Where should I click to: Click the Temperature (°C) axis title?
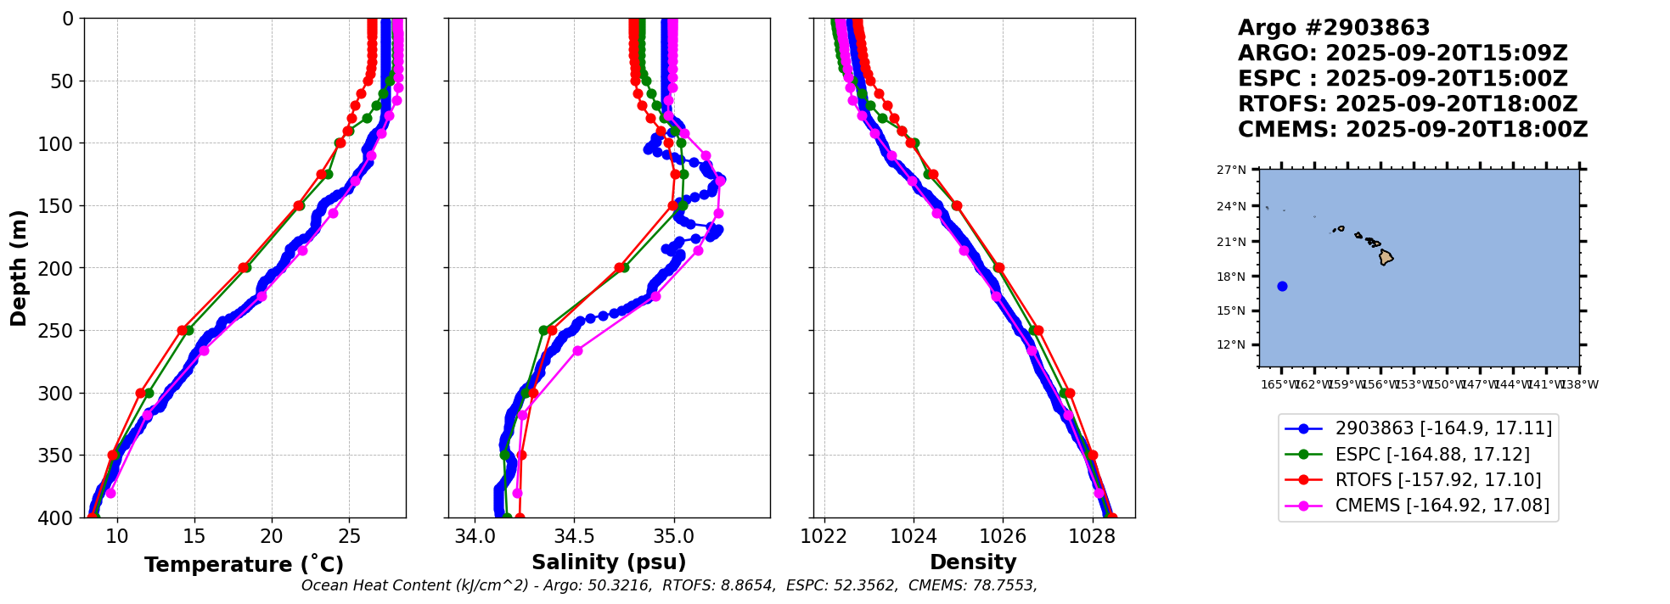pyautogui.click(x=244, y=564)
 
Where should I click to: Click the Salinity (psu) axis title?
pyautogui.click(x=609, y=562)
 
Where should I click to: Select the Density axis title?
pyautogui.click(x=973, y=562)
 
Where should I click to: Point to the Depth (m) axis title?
pyautogui.click(x=19, y=267)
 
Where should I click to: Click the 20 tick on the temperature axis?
pyautogui.click(x=272, y=536)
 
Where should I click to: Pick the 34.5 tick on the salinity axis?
pyautogui.click(x=574, y=536)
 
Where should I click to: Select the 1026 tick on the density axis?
pyautogui.click(x=1003, y=536)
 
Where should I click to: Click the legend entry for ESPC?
pyautogui.click(x=1432, y=454)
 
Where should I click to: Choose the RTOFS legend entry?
pyautogui.click(x=1438, y=479)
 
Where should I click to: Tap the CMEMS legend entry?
pyautogui.click(x=1442, y=506)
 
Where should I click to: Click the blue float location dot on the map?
pyautogui.click(x=1282, y=286)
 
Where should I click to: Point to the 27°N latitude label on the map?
pyautogui.click(x=1232, y=170)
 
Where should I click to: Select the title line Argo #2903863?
pyautogui.click(x=1334, y=28)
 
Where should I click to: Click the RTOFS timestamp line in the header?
pyautogui.click(x=1407, y=104)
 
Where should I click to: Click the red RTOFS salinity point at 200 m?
pyautogui.click(x=620, y=268)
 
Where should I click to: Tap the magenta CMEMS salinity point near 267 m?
pyautogui.click(x=577, y=350)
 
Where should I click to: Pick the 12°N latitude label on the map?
pyautogui.click(x=1232, y=344)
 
